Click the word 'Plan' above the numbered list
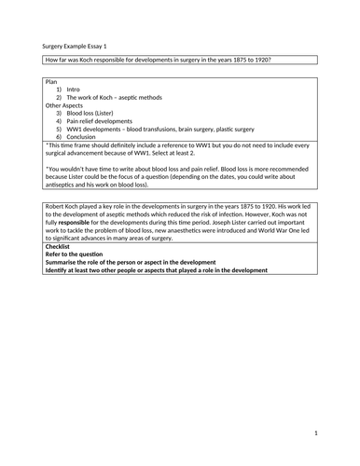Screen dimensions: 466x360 [52, 82]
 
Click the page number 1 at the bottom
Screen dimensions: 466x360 [316, 432]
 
